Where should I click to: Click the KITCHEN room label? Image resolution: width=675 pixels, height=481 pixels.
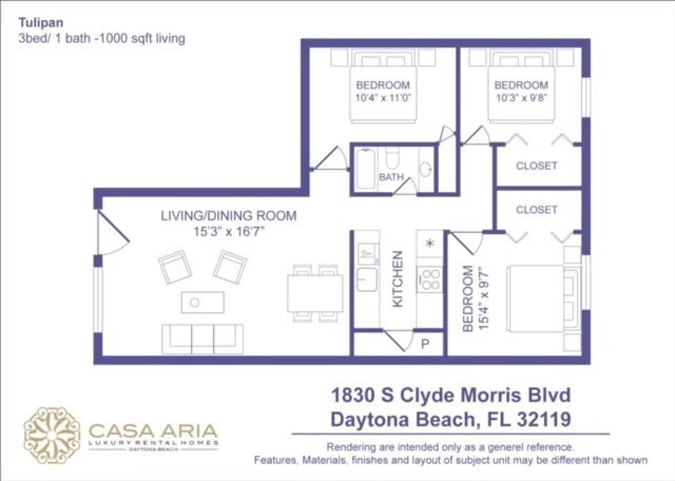tap(398, 279)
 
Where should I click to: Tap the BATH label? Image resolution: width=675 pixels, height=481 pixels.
tap(391, 177)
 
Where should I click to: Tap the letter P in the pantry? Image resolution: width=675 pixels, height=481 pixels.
tap(425, 344)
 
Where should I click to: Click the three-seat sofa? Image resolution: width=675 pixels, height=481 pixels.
tap(202, 338)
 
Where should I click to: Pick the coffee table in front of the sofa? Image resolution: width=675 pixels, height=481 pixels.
tap(202, 302)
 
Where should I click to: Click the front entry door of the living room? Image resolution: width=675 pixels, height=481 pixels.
tap(112, 232)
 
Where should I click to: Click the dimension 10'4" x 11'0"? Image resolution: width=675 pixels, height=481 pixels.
tap(383, 98)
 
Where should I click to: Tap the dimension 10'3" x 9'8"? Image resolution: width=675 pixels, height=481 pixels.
tap(521, 98)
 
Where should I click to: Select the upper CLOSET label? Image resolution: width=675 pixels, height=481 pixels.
tap(536, 166)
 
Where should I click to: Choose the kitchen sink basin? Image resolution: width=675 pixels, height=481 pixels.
tap(367, 278)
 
